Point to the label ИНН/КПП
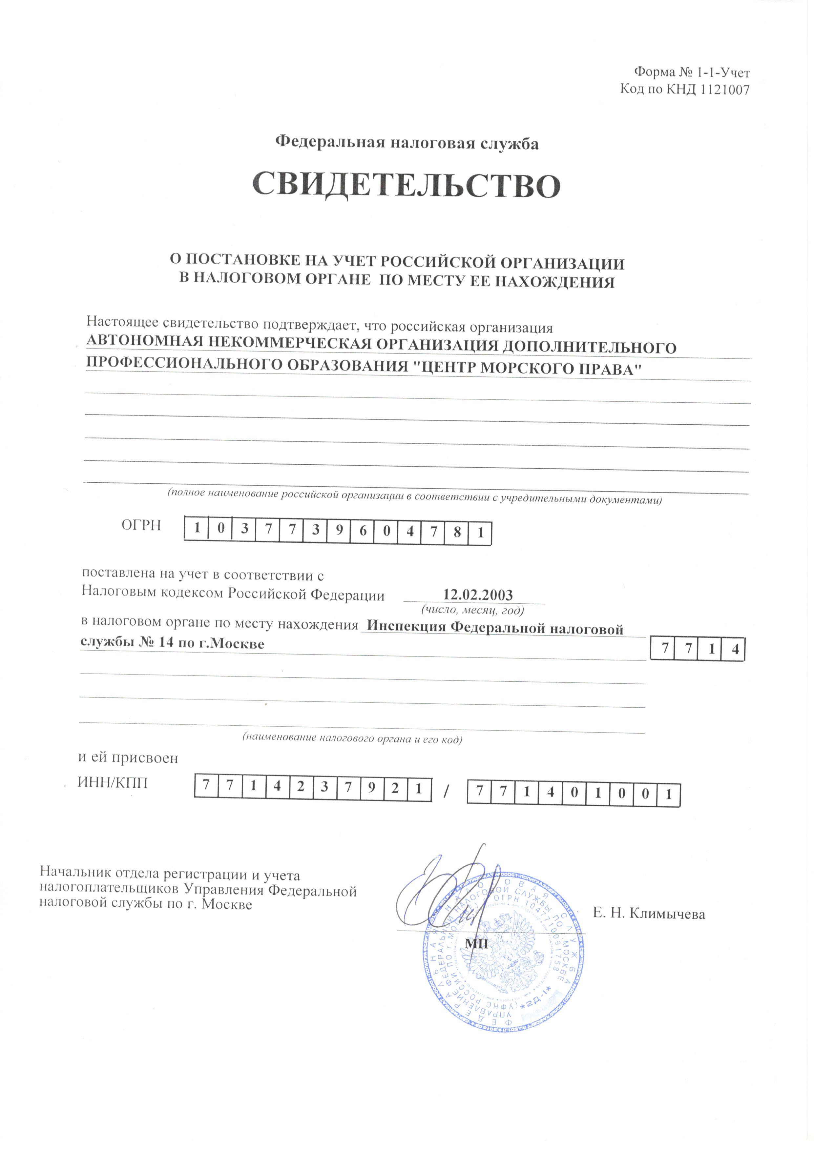[113, 783]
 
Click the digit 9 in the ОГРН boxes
[339, 531]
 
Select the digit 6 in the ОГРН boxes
[363, 532]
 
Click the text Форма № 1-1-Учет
[692, 72]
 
